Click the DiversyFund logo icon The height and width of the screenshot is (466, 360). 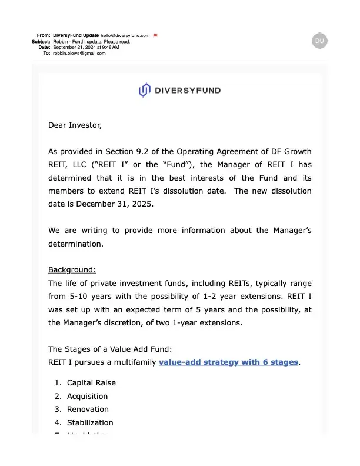[144, 90]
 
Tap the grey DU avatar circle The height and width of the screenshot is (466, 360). [319, 40]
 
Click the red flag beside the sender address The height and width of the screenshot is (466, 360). [155, 35]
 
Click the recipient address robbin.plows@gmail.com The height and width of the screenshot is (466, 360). [79, 53]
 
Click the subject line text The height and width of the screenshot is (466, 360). [91, 41]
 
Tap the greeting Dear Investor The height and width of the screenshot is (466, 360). [75, 125]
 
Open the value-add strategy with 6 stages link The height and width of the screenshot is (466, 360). [228, 362]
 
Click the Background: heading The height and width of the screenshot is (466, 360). [72, 270]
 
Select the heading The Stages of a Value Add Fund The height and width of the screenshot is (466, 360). [109, 349]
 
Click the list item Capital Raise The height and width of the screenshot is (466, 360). [91, 382]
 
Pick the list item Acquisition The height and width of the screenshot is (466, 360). [87, 396]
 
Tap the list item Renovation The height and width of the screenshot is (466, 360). [88, 410]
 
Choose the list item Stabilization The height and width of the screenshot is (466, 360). [90, 423]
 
